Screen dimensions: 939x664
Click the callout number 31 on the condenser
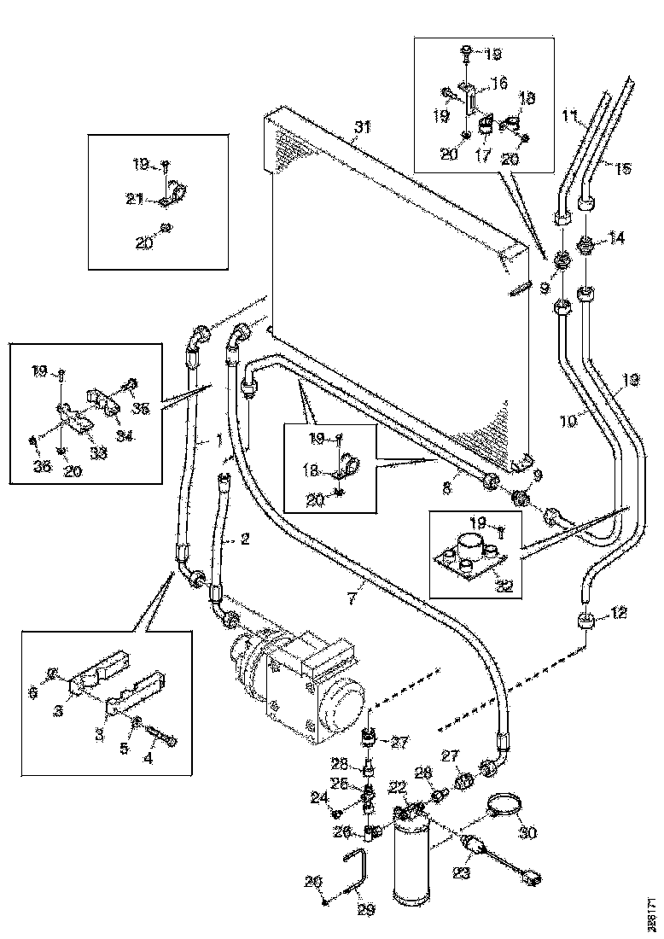pos(364,130)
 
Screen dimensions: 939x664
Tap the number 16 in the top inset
pos(498,83)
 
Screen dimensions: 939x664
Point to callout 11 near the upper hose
pos(570,117)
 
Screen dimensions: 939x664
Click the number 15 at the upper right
pos(623,169)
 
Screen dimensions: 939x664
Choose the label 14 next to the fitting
pos(617,239)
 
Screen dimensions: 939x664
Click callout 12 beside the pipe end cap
pos(617,612)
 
